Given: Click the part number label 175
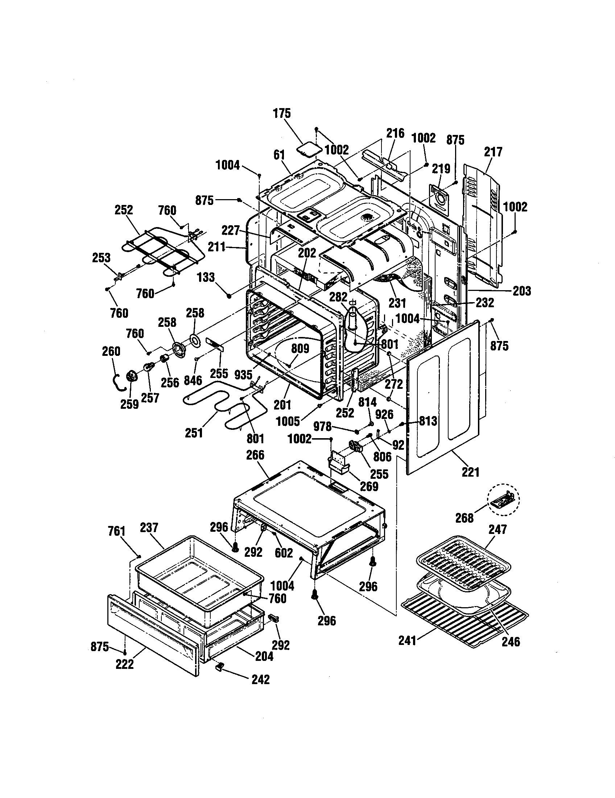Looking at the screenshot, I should (x=282, y=114).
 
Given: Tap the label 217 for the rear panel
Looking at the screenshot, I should (x=494, y=152).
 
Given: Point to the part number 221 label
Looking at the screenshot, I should (x=470, y=472).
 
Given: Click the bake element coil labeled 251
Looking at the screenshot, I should (x=212, y=406).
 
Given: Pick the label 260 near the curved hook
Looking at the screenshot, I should (x=111, y=351).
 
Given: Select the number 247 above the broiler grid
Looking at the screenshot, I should (x=498, y=530).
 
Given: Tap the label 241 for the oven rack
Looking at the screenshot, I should (x=408, y=641).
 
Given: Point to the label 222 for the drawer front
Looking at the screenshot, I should (x=125, y=664).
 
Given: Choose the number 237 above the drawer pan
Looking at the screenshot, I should (x=149, y=528).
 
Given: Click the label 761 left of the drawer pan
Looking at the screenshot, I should (x=117, y=531).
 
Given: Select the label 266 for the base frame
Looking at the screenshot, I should (x=255, y=455).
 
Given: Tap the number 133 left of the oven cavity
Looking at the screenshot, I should (x=206, y=277).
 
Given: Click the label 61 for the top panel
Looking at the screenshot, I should (x=279, y=155).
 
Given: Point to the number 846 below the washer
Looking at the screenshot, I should (x=193, y=380).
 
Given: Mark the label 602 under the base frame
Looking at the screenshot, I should (x=284, y=553).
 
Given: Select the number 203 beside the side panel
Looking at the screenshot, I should (x=522, y=291).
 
